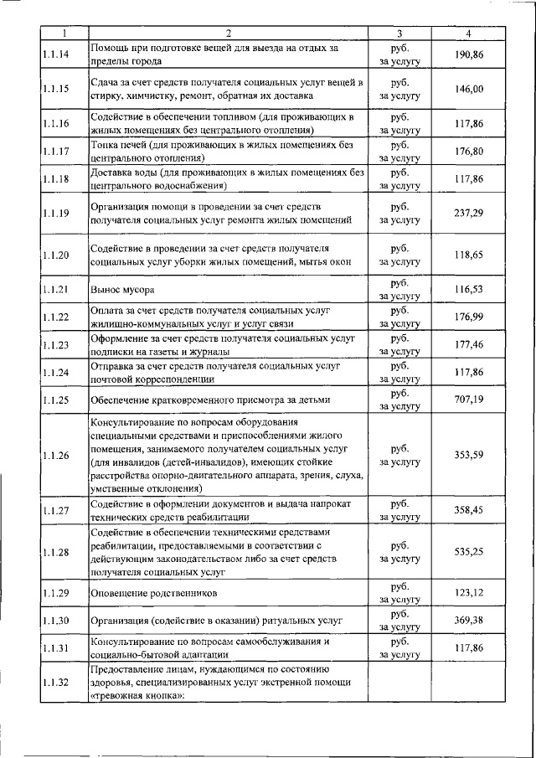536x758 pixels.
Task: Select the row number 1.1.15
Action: click(55, 90)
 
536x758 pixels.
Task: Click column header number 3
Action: click(399, 34)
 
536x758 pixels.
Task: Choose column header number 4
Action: click(468, 34)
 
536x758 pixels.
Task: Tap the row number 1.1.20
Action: click(55, 255)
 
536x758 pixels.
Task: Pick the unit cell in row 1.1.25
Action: click(399, 400)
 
